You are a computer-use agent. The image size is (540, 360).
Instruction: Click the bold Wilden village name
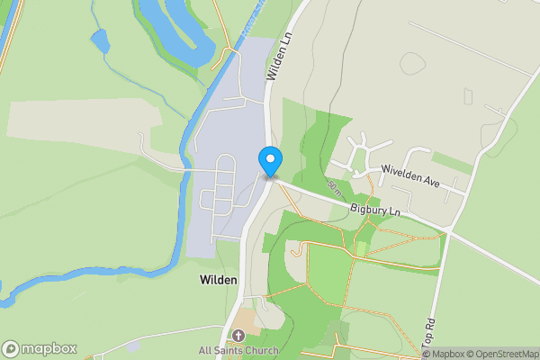pyautogui.click(x=219, y=280)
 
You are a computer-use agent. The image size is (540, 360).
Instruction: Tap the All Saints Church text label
pyautogui.click(x=239, y=351)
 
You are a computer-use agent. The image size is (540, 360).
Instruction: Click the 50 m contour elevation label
pyautogui.click(x=335, y=188)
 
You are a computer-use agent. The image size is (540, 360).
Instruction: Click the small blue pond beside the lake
pyautogui.click(x=100, y=41)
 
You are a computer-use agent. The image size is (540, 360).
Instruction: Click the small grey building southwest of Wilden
pyautogui.click(x=133, y=346)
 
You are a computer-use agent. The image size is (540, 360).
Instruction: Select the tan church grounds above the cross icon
pyautogui.click(x=244, y=318)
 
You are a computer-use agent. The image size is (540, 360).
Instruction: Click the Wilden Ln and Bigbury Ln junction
pyautogui.click(x=269, y=177)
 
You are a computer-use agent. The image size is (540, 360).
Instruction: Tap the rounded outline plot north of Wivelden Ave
pyautogui.click(x=413, y=63)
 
